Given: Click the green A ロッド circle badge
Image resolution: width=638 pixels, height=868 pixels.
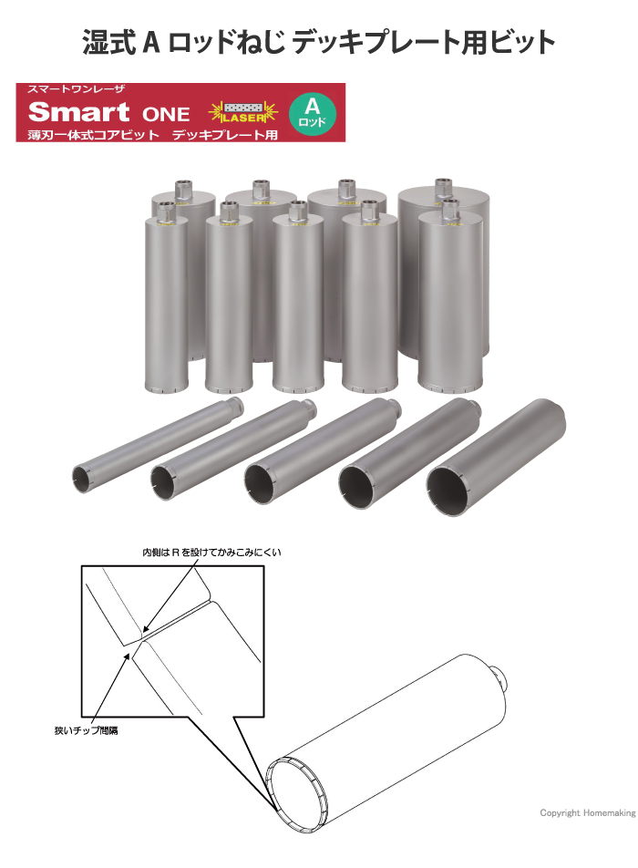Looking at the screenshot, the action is coord(312,113).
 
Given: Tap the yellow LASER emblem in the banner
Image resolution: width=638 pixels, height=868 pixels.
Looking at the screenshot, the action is coord(243,113).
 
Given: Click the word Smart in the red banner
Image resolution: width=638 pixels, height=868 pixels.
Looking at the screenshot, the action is coord(78,112).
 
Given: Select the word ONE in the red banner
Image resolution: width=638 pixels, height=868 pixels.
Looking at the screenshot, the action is coord(166,114).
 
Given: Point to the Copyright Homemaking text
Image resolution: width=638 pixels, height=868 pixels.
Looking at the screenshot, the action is coord(588,812).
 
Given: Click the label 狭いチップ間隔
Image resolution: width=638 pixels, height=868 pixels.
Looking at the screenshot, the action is coord(86,730).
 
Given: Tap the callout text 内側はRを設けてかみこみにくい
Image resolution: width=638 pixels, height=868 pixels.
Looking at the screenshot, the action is coord(211,552).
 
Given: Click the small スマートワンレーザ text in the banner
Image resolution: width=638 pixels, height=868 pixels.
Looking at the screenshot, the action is coord(76,89).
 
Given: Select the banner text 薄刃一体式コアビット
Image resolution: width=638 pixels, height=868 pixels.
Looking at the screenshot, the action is coord(94,135).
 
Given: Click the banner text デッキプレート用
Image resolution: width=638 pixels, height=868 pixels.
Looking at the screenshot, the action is coord(224,135).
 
